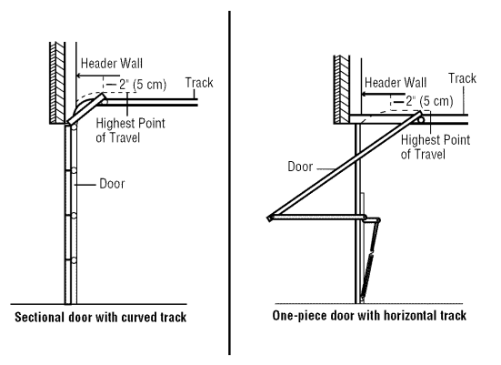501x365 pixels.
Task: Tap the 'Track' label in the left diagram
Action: point(199,83)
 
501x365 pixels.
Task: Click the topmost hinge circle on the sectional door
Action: point(74,170)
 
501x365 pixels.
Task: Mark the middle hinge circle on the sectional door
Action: point(74,215)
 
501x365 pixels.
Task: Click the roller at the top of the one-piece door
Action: point(422,116)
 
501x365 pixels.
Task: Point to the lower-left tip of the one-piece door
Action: point(270,217)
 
